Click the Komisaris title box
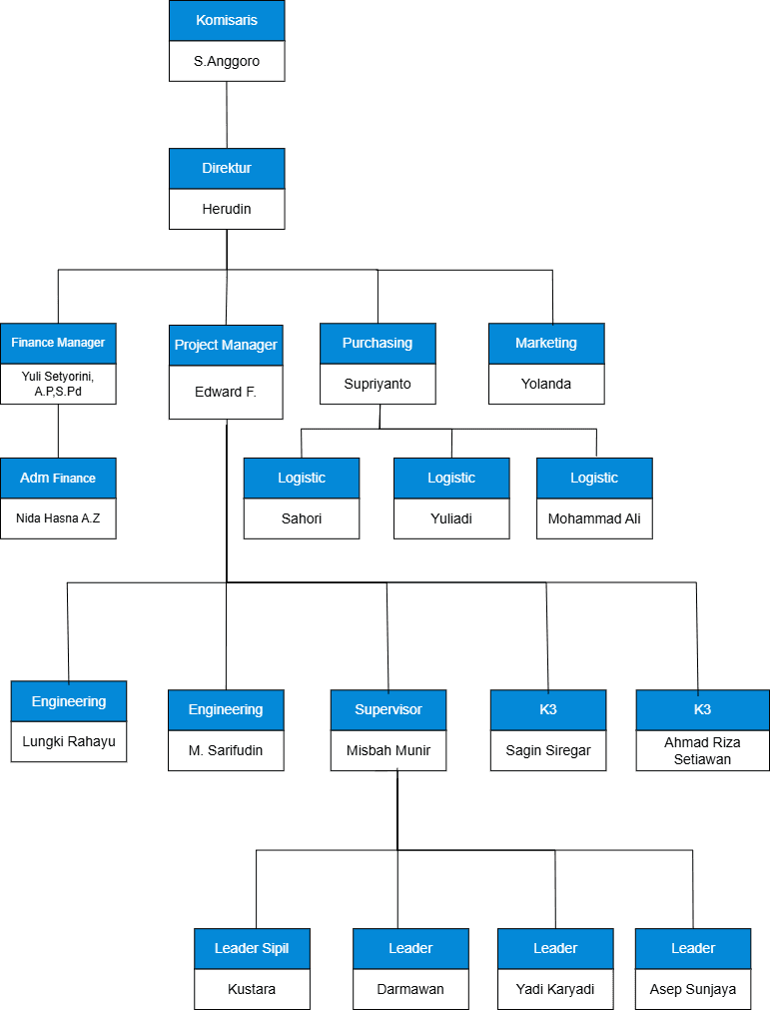[x=227, y=21]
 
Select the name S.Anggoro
[x=227, y=61]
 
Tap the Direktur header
[x=227, y=169]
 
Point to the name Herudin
[x=227, y=209]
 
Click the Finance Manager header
[x=58, y=343]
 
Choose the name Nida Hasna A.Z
[x=58, y=518]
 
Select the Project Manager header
[x=226, y=346]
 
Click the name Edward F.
[x=226, y=392]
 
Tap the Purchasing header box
[x=378, y=344]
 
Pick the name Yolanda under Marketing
[x=546, y=384]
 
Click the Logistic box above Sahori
[x=302, y=479]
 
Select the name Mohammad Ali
[x=594, y=518]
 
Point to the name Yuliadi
[x=451, y=518]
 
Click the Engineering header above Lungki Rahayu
[x=69, y=701]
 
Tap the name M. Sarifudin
[x=226, y=750]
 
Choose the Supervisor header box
[x=388, y=710]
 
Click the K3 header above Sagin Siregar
[x=548, y=710]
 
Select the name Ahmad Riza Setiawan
[x=702, y=751]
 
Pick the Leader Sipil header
[x=252, y=949]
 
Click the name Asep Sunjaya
[x=693, y=989]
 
